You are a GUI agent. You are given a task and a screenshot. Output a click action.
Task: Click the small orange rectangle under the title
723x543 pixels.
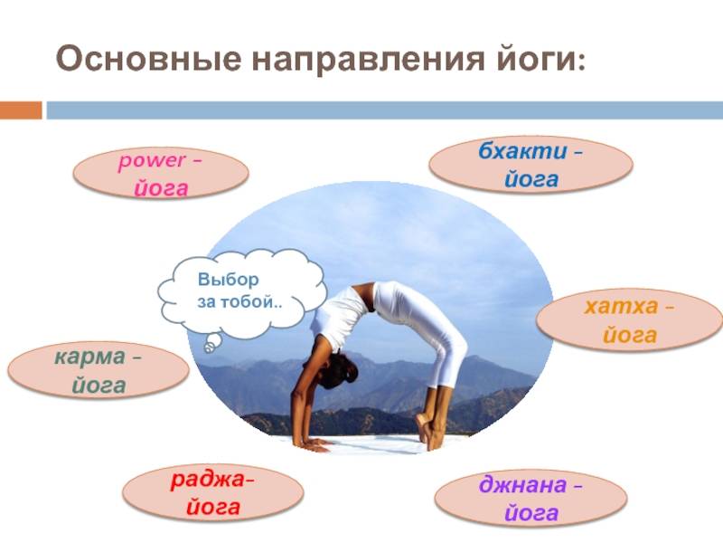tap(21, 110)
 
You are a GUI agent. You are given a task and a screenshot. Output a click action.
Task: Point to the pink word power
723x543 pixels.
tap(152, 161)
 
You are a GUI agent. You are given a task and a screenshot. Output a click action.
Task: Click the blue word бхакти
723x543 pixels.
tap(522, 151)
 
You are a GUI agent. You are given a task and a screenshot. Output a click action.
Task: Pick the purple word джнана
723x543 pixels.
tap(522, 485)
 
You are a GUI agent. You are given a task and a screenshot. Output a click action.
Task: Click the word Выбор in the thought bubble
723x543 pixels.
tap(229, 280)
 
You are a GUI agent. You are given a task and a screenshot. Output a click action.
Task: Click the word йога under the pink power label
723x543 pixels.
tap(162, 189)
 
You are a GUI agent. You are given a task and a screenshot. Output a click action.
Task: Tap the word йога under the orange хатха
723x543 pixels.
tap(629, 335)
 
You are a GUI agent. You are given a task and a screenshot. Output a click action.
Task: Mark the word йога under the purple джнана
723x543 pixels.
tap(531, 513)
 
